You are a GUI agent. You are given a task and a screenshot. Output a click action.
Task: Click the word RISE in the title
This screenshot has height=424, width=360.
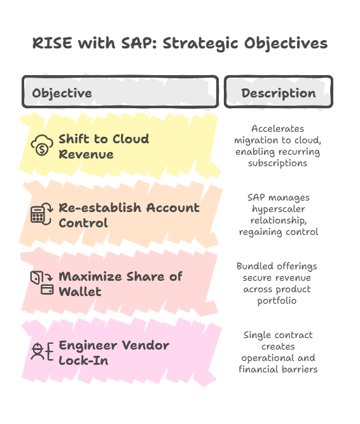[x=52, y=43]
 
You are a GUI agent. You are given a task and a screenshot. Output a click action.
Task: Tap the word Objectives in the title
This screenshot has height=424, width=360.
[x=286, y=44]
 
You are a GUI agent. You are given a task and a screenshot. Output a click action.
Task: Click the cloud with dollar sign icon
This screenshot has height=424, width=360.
[x=42, y=145]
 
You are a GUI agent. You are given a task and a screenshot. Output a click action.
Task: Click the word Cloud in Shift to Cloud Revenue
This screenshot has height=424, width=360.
[x=131, y=139]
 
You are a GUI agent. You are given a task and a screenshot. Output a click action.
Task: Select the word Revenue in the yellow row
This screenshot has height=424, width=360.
[x=86, y=155]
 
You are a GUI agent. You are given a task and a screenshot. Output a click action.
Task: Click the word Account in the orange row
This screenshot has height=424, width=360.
[x=173, y=208]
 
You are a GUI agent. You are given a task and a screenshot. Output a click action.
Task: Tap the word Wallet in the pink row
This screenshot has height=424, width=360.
[x=80, y=292]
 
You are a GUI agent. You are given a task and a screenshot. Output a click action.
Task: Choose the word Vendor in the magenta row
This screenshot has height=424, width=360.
[x=146, y=345]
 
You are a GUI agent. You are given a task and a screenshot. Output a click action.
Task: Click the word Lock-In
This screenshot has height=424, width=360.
[x=83, y=360]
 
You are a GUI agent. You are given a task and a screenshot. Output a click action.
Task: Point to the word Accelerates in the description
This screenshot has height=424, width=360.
[x=277, y=129]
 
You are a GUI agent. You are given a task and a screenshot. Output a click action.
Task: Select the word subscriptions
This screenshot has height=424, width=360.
[x=277, y=164]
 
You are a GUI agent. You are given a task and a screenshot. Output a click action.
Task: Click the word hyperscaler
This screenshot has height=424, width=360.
[x=279, y=209]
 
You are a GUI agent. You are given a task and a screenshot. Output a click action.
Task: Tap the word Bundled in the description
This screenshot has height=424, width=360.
[x=255, y=266]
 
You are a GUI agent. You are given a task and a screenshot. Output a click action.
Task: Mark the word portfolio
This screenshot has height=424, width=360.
[x=277, y=300]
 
